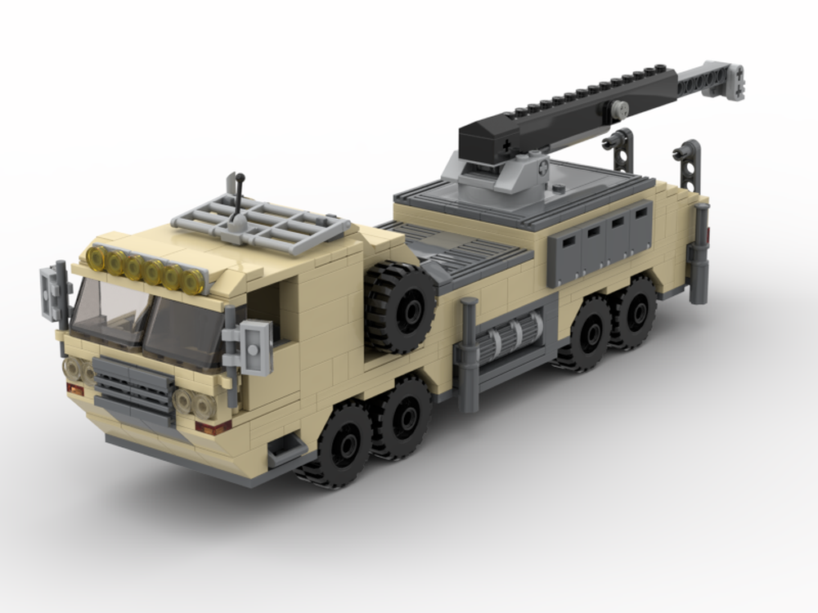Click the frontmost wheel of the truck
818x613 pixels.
point(341,445)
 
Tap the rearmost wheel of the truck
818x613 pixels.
point(632,312)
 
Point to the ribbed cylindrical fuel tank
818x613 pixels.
point(511,336)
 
